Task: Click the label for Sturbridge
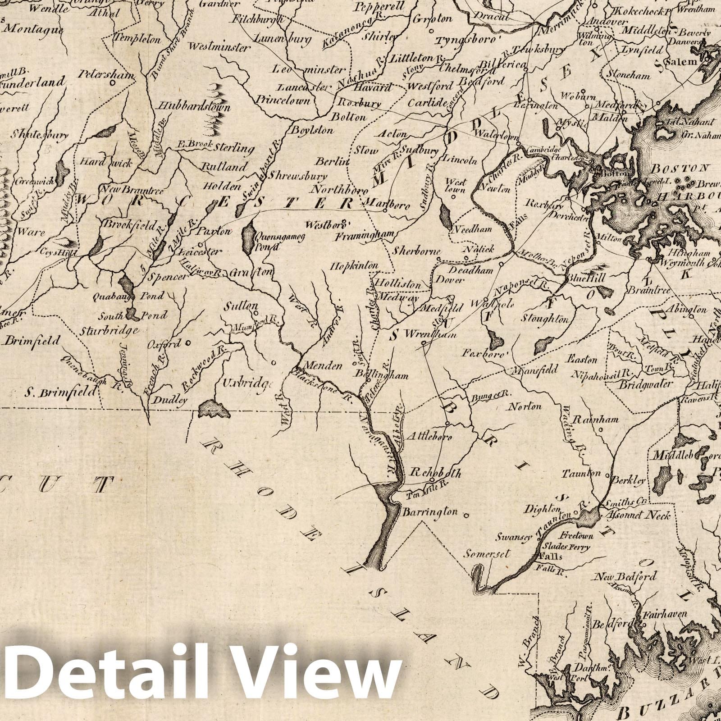click(x=109, y=331)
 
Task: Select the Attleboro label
click(x=429, y=436)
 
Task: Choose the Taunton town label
click(x=581, y=473)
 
